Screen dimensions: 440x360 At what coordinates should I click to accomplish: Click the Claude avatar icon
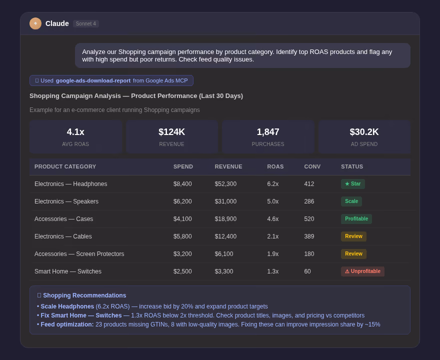point(35,23)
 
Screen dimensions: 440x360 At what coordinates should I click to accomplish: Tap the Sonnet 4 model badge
point(86,23)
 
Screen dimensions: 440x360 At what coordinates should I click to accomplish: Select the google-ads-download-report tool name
point(93,80)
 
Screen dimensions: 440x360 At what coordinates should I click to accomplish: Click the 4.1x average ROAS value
point(75,132)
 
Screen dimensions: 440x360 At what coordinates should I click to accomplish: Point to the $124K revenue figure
point(171,132)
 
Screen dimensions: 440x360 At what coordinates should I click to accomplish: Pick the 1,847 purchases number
point(268,132)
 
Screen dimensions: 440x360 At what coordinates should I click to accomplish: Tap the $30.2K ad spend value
point(364,132)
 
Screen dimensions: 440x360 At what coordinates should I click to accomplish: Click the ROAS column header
point(275,166)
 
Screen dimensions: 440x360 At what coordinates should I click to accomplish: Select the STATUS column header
point(352,166)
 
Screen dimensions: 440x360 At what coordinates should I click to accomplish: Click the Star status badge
point(353,184)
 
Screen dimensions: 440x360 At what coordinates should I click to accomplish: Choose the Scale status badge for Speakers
point(351,201)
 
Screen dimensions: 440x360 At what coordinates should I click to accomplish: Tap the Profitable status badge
point(356,219)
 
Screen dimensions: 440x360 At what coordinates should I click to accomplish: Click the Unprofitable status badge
point(362,271)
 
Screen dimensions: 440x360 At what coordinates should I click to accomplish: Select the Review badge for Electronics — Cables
point(353,236)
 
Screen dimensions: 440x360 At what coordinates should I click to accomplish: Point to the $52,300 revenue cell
point(225,184)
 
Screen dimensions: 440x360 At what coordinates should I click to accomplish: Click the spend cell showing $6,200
point(182,201)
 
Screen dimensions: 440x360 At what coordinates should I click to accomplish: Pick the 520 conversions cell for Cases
point(309,219)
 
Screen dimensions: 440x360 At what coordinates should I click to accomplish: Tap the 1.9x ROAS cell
point(273,254)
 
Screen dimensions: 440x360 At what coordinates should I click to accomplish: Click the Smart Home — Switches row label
point(68,271)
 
